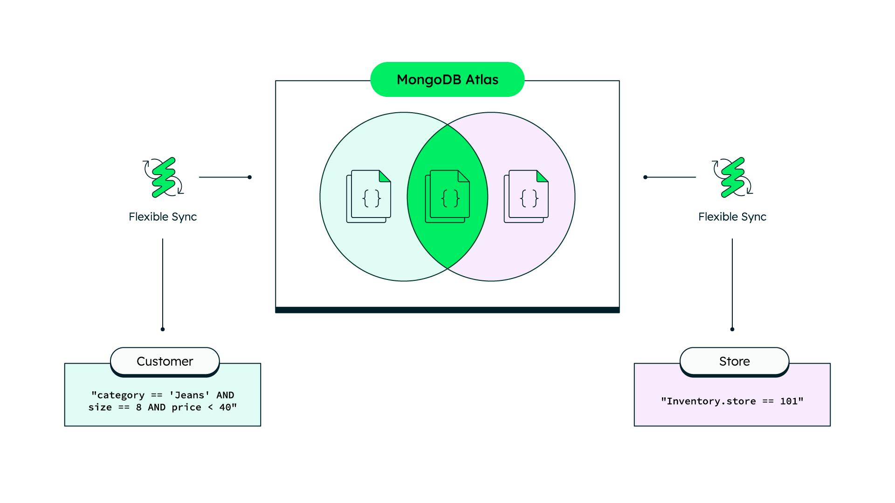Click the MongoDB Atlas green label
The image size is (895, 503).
(447, 80)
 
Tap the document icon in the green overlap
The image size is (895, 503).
(447, 196)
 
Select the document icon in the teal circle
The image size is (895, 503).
(369, 196)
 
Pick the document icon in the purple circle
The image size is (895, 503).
(526, 196)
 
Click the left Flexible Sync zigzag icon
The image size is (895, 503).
(164, 177)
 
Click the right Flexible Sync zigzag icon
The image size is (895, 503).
(733, 177)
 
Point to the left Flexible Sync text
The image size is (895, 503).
(163, 217)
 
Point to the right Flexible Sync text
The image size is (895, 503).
(732, 217)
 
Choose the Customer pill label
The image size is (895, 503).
(165, 361)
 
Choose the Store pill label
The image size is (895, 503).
(734, 361)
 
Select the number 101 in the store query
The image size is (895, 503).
(789, 401)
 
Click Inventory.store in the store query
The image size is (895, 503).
(711, 401)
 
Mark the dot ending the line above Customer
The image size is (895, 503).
(163, 329)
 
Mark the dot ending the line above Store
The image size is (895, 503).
(732, 329)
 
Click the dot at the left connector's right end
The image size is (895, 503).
(250, 177)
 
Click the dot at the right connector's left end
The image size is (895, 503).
(645, 177)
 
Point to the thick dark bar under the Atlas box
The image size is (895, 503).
(447, 310)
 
